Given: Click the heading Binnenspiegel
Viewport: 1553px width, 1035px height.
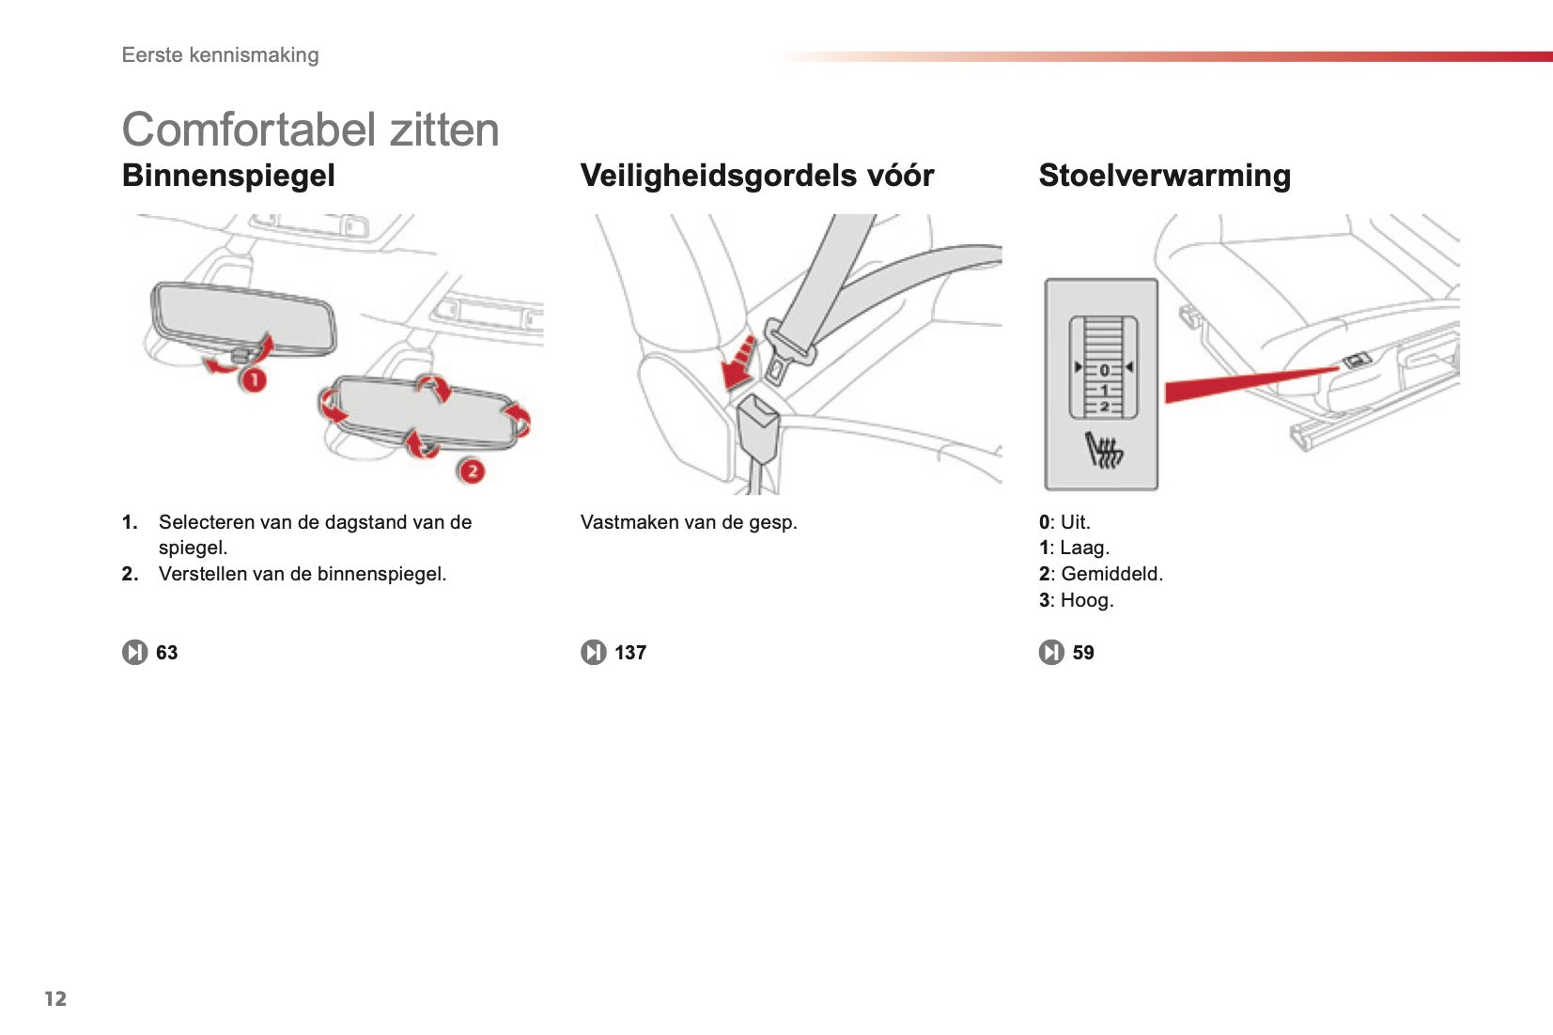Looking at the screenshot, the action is tap(228, 176).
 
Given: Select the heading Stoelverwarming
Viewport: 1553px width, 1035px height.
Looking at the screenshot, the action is tap(1165, 176).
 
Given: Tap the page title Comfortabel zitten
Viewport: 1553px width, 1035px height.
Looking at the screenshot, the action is tap(311, 130).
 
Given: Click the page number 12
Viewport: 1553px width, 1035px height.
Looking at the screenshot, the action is tap(55, 998).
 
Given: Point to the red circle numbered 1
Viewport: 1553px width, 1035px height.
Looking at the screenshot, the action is tap(253, 379).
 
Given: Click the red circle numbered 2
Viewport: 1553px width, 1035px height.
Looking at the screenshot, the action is tap(472, 471).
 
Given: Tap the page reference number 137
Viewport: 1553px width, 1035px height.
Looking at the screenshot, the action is tap(630, 653).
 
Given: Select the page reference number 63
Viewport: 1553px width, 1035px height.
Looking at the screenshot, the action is tap(167, 653).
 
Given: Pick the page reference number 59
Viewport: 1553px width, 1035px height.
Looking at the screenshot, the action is tap(1083, 653).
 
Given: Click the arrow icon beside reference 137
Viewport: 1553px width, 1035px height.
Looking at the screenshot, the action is tap(594, 653).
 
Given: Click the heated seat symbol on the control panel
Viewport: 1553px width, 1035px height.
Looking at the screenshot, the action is tap(1104, 450).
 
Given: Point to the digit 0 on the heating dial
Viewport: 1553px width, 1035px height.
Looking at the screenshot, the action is tap(1105, 369).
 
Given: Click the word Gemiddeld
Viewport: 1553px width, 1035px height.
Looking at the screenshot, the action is tap(1111, 574).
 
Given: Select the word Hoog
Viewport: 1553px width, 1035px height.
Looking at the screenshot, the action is tap(1086, 600).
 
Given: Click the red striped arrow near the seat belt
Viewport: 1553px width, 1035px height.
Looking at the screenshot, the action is tap(739, 363).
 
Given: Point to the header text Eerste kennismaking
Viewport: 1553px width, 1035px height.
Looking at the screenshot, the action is tap(221, 54).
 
